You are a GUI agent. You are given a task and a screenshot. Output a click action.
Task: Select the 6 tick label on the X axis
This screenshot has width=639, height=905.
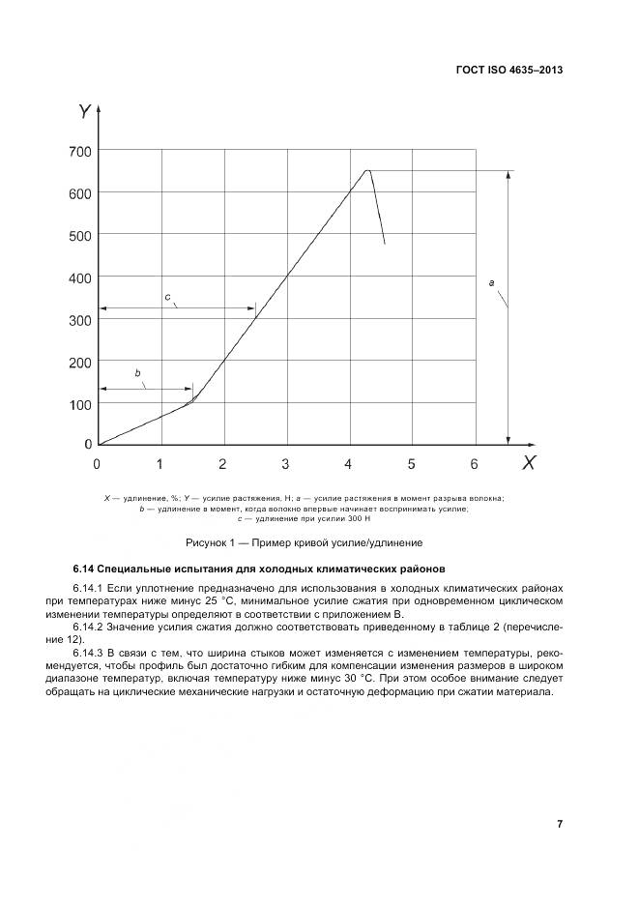(x=474, y=464)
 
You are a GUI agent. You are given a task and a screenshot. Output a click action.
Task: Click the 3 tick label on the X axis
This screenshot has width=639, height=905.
(x=285, y=464)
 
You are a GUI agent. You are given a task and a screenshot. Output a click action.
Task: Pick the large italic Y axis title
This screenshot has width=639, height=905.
(x=84, y=112)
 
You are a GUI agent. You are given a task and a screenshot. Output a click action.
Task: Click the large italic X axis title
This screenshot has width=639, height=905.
(x=528, y=463)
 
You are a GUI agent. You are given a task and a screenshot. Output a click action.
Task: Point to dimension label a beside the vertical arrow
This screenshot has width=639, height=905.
(x=492, y=282)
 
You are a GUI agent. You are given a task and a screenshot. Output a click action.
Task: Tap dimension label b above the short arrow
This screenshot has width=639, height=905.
(x=137, y=372)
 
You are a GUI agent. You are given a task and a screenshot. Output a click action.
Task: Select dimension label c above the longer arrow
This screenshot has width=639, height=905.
(x=166, y=296)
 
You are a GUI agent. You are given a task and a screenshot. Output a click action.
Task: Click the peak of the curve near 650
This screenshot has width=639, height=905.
(x=367, y=170)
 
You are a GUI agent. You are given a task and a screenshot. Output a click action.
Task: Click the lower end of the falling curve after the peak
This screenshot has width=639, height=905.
(x=385, y=244)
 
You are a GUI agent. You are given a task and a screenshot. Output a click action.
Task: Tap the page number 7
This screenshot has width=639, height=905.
(x=560, y=824)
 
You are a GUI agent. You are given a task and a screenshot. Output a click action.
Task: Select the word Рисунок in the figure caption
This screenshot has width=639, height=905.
(x=210, y=542)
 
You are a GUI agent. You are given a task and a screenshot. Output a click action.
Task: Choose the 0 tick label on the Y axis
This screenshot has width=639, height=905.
(x=87, y=445)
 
